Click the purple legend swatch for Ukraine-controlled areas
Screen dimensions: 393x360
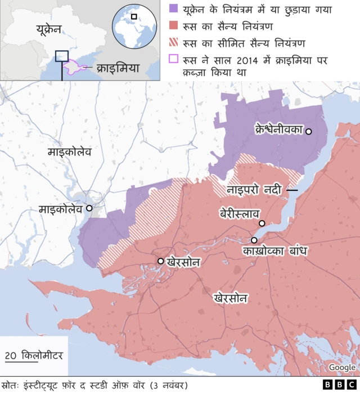pos(174,9)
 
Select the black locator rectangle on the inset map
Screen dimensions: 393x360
pos(62,56)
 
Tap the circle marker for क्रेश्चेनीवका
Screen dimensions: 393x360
pos(308,131)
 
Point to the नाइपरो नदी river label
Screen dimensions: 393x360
pos(254,190)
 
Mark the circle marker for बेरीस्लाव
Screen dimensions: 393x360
pos(262,223)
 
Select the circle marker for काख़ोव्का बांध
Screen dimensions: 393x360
pos(238,240)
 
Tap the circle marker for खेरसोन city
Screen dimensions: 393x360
pos(161,261)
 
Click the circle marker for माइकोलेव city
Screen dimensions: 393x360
pos(88,208)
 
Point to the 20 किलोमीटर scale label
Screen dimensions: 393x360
pos(34,355)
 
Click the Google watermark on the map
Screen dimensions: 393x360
pos(342,367)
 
